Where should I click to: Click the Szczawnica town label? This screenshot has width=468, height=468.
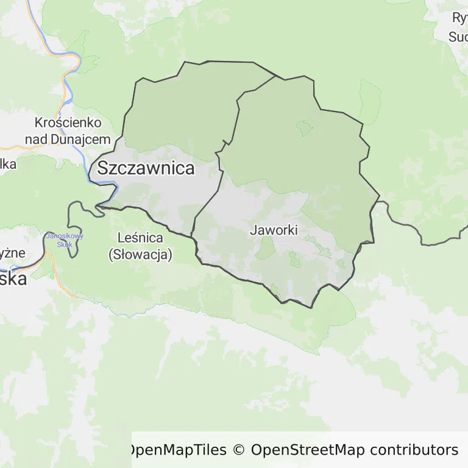[146, 168]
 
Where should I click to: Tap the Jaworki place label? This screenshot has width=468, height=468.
[274, 230]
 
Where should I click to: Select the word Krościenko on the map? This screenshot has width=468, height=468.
[68, 123]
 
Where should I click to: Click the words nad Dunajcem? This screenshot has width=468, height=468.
[68, 138]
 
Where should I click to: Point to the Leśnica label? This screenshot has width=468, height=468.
[140, 239]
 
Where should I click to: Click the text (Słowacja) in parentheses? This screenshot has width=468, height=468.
[140, 255]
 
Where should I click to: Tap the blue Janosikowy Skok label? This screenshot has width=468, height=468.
[64, 239]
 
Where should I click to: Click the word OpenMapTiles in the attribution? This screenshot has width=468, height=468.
[177, 450]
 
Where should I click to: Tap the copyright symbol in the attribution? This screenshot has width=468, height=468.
[238, 450]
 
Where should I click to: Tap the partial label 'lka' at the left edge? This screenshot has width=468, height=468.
[7, 164]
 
